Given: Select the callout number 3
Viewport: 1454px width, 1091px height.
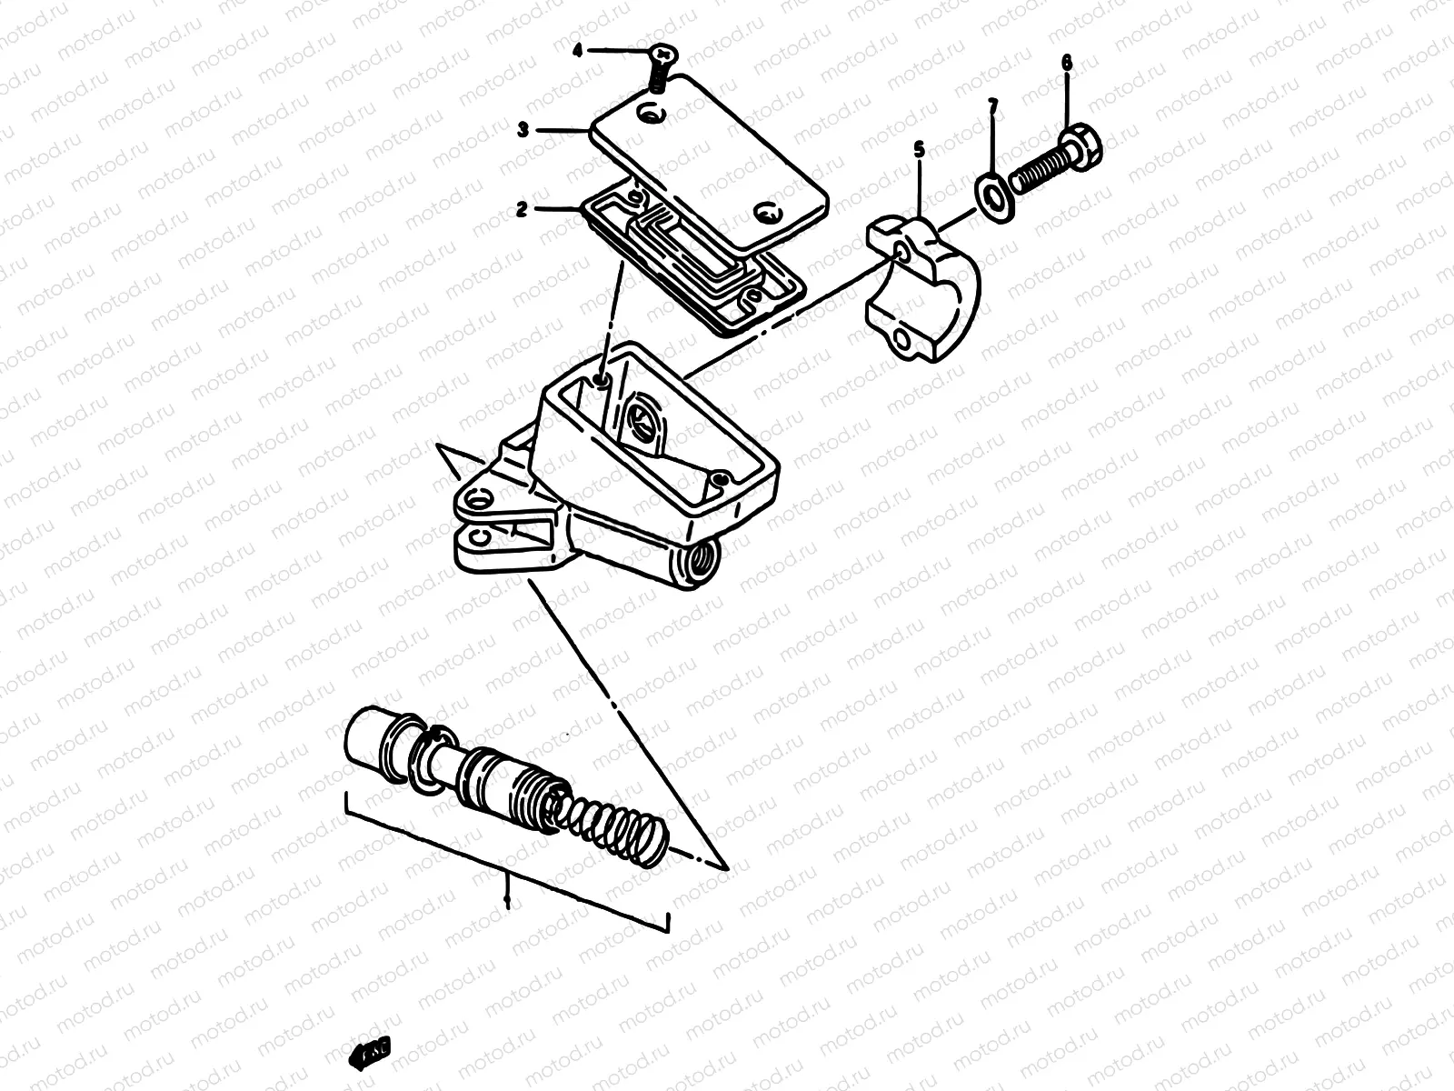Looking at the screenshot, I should [523, 130].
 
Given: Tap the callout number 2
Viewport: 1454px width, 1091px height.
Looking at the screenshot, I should [522, 209].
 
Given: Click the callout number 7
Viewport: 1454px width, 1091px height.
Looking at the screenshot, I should [992, 109].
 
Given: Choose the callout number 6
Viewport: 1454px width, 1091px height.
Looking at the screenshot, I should [1066, 63].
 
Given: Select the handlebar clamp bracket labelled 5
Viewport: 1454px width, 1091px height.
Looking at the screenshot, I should [922, 286].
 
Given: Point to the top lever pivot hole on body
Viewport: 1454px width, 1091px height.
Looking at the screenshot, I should [479, 496].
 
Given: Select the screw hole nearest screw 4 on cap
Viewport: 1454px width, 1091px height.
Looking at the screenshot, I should [651, 115].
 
